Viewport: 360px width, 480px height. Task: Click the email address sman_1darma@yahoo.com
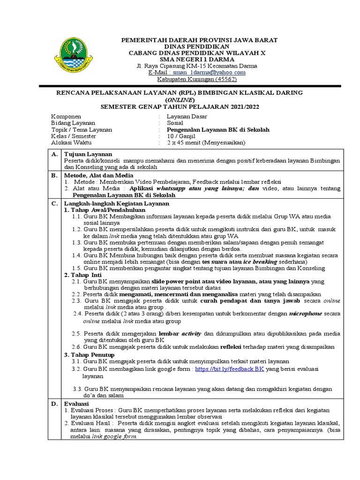pyautogui.click(x=209, y=73)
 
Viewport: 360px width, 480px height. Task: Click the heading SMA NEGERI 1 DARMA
pyautogui.click(x=197, y=60)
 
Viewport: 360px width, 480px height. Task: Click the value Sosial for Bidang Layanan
pyautogui.click(x=177, y=123)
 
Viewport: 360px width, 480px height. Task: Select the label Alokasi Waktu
pyautogui.click(x=71, y=142)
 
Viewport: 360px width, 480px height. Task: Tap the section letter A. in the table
pyautogui.click(x=54, y=154)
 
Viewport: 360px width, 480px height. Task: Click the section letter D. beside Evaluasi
pyautogui.click(x=54, y=403)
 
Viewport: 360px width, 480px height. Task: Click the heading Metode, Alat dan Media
pyautogui.click(x=99, y=175)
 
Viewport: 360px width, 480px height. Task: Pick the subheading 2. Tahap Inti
pyautogui.click(x=83, y=275)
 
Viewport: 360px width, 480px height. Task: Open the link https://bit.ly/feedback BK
pyautogui.click(x=230, y=369)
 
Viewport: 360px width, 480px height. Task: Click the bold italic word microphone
pyautogui.click(x=308, y=314)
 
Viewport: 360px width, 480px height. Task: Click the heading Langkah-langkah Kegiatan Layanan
pyautogui.click(x=116, y=204)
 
